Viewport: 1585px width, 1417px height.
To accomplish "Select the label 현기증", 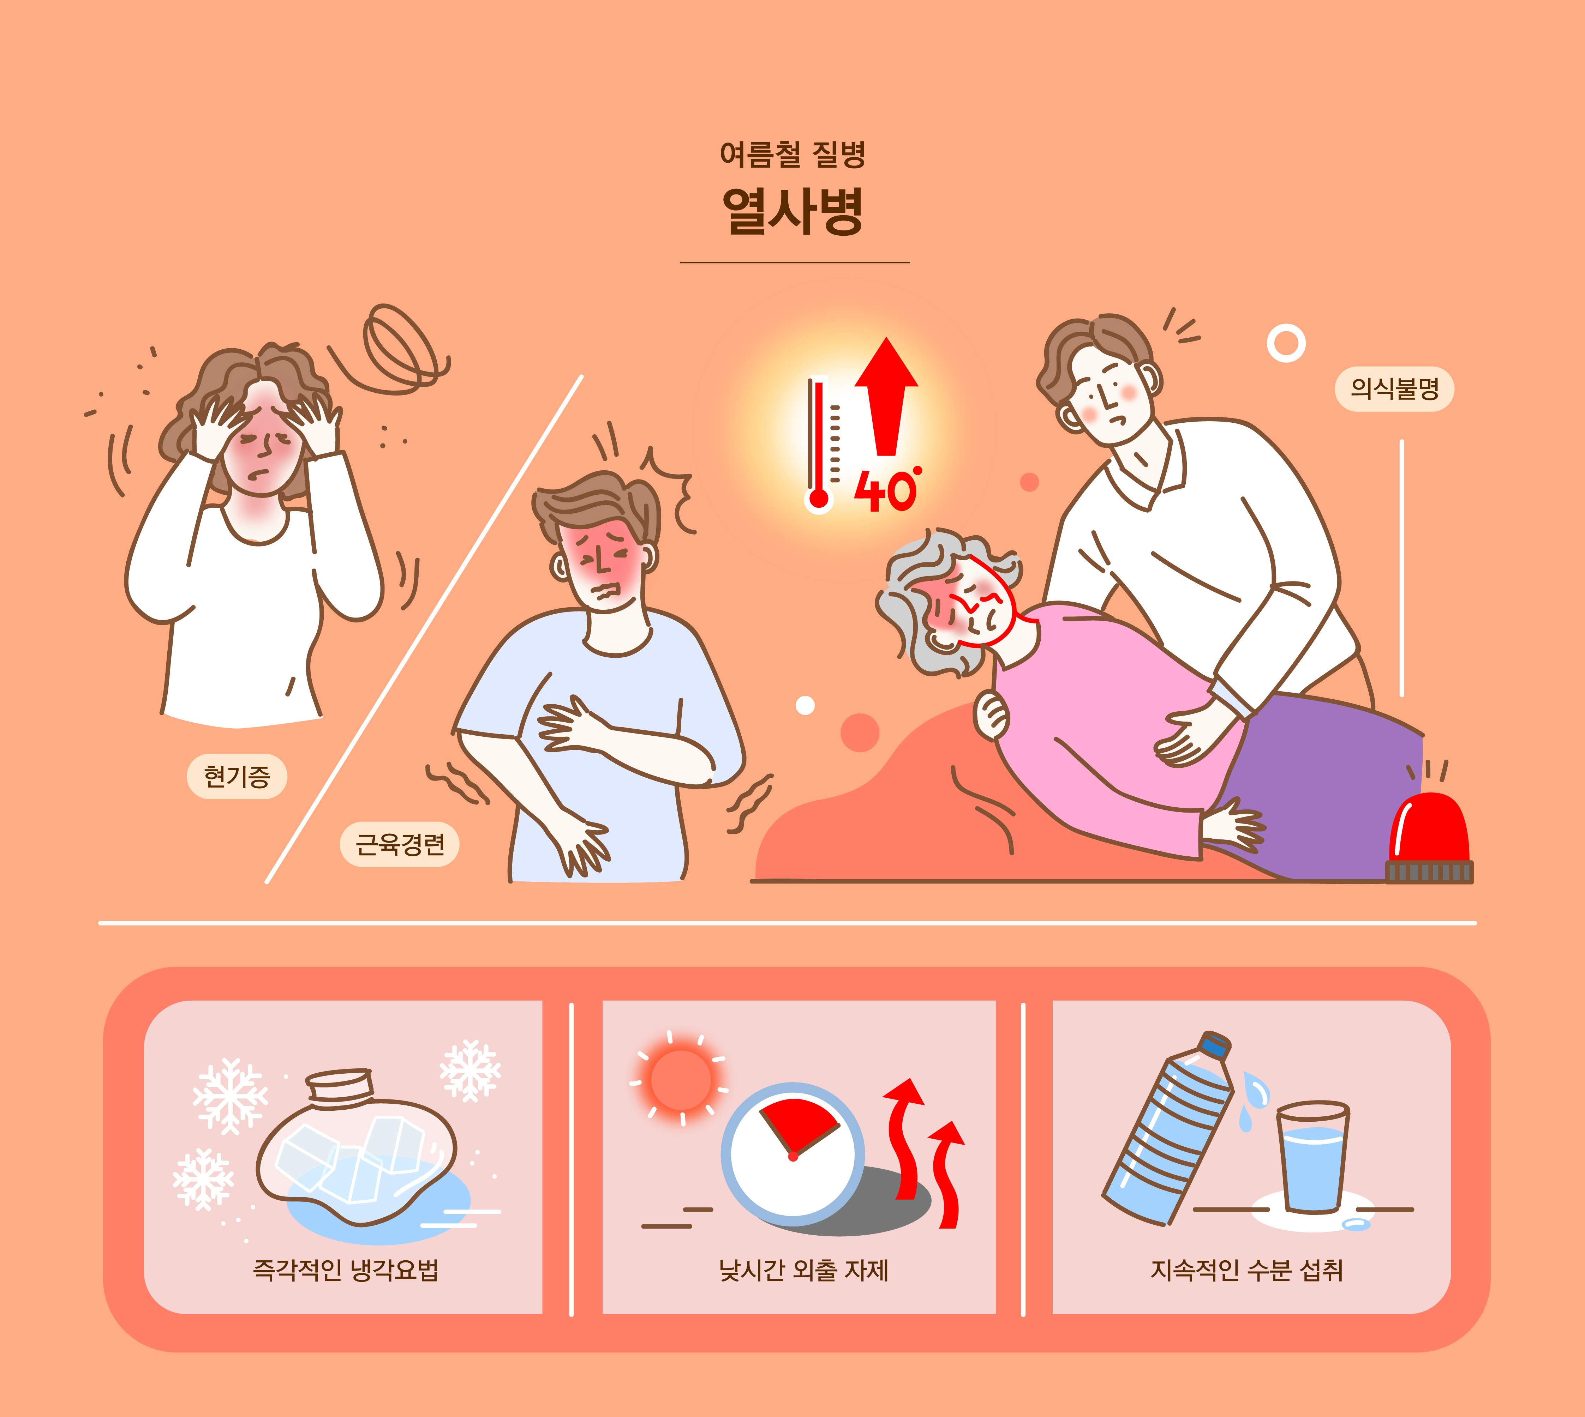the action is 237,776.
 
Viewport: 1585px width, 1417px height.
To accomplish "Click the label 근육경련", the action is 400,844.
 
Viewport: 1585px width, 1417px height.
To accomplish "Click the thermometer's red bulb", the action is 819,498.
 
